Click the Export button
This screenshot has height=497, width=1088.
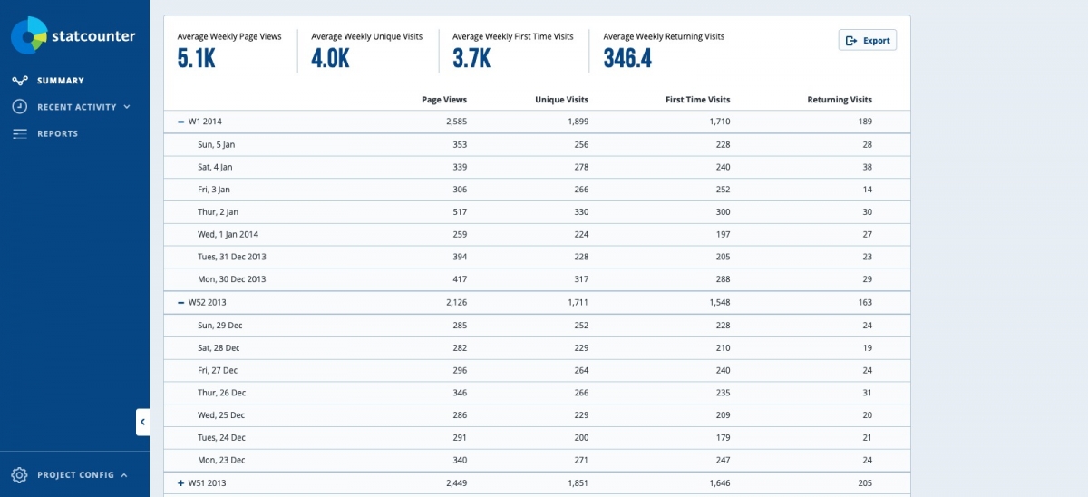[x=868, y=40]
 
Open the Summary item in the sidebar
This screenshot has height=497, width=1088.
[x=60, y=81]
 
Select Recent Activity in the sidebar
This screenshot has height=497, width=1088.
[x=76, y=107]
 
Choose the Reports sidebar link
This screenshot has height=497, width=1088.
[x=57, y=133]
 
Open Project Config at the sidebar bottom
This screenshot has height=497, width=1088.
[x=75, y=475]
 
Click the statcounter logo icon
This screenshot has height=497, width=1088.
[x=28, y=35]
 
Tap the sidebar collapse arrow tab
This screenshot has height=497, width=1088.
[x=142, y=422]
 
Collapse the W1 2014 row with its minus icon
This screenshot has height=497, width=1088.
[x=180, y=122]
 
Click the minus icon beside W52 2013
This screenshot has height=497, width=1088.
[x=180, y=302]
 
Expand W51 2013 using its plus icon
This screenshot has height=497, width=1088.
[x=180, y=483]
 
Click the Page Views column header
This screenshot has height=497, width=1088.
[x=444, y=100]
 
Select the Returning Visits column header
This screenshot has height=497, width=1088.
[x=840, y=100]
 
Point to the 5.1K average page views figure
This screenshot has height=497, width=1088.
[x=197, y=59]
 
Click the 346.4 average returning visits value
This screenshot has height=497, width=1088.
[x=627, y=59]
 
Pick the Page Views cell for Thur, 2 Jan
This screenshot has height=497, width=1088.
[x=458, y=212]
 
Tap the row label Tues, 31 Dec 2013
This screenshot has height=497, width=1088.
[x=231, y=257]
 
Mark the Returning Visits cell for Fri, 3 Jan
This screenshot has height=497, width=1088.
[x=866, y=190]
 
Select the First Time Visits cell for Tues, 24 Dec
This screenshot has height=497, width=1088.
[x=718, y=438]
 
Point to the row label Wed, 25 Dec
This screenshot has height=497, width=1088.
[x=221, y=415]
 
